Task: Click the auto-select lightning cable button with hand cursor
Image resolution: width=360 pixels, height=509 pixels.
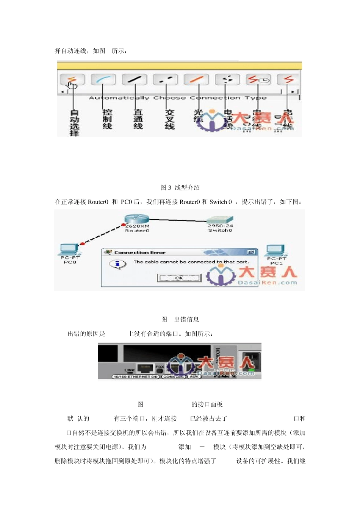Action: (72, 80)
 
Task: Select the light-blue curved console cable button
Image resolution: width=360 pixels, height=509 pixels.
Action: (103, 80)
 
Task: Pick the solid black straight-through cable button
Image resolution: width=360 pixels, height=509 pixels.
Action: (134, 80)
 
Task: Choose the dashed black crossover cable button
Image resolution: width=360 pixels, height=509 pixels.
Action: (165, 80)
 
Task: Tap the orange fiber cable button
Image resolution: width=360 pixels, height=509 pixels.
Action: (196, 80)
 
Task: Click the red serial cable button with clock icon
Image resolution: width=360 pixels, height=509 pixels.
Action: (258, 80)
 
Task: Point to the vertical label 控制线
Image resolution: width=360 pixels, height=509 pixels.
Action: (107, 119)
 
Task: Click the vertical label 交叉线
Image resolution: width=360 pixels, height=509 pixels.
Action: (169, 119)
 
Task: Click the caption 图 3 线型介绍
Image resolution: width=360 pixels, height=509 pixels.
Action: (180, 187)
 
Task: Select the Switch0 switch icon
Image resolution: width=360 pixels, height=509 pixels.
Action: (220, 220)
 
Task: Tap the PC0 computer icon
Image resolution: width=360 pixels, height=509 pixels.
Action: (69, 249)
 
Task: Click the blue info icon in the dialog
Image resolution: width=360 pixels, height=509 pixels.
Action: (117, 264)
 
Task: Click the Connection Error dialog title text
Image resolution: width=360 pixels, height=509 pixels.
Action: (140, 253)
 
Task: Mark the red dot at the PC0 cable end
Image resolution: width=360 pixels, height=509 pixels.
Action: (82, 244)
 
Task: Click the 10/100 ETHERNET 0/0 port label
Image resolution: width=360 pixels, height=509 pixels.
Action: (136, 377)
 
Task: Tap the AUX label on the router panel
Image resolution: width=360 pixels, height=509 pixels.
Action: (194, 377)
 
